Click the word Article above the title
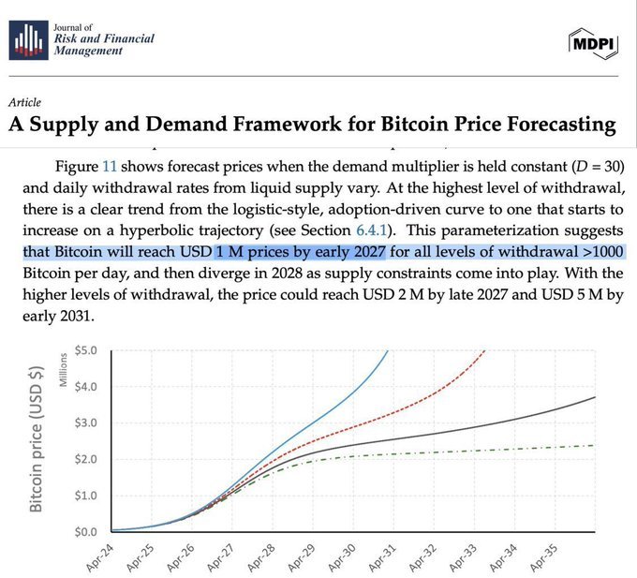click(24, 102)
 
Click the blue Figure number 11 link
click(110, 166)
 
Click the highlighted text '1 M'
click(230, 252)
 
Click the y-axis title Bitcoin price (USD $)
click(38, 440)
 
